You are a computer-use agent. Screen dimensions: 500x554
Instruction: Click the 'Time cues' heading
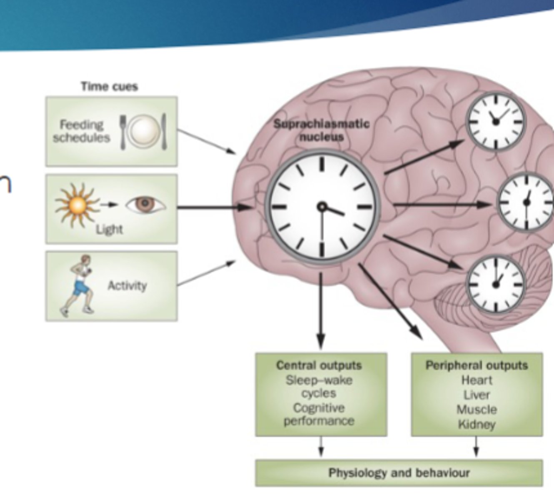(x=109, y=87)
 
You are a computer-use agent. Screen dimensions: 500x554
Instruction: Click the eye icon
(x=145, y=204)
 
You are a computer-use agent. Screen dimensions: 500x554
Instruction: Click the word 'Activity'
(x=127, y=286)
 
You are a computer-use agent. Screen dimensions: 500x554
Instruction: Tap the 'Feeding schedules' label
(x=81, y=131)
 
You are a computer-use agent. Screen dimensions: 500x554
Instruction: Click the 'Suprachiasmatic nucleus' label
(x=321, y=130)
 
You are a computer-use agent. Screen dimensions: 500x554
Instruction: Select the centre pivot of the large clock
(x=322, y=207)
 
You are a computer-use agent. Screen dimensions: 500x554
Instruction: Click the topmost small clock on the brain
(x=495, y=121)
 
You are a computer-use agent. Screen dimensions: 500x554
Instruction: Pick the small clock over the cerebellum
(x=495, y=285)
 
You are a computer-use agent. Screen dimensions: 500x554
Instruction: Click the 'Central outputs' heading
(x=319, y=365)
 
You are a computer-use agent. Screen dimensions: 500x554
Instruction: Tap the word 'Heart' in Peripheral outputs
(x=476, y=380)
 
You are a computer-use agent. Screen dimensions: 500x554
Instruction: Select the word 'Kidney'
(x=476, y=425)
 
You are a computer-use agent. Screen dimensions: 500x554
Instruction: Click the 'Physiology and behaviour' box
(x=399, y=473)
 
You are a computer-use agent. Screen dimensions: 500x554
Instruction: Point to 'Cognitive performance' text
(x=319, y=414)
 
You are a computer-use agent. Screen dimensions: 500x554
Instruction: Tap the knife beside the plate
(x=164, y=132)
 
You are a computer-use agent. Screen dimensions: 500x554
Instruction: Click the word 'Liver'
(x=476, y=395)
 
